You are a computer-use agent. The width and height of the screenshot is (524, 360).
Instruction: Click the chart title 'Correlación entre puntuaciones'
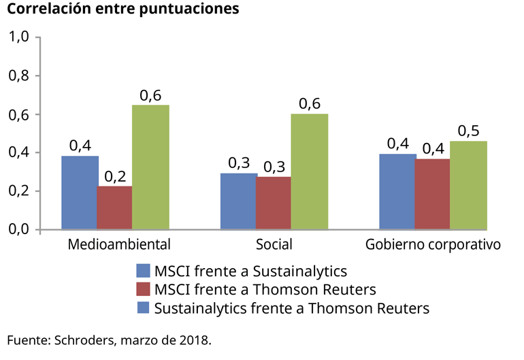(x=123, y=10)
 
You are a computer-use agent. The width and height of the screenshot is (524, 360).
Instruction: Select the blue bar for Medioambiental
(x=80, y=193)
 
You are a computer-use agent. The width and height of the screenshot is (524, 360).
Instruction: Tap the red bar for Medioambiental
(x=114, y=208)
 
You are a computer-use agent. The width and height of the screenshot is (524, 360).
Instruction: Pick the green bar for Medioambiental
(x=150, y=167)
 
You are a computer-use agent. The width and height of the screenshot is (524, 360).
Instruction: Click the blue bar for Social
(x=238, y=201)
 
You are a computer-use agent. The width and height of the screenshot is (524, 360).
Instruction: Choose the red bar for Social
(x=274, y=203)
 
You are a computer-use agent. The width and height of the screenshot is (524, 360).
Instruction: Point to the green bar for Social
(x=310, y=171)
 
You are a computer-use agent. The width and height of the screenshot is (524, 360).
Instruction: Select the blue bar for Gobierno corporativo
(x=397, y=192)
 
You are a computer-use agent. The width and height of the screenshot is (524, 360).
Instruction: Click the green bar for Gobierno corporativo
(x=468, y=185)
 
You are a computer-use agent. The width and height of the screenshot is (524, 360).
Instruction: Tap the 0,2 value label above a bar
(x=115, y=176)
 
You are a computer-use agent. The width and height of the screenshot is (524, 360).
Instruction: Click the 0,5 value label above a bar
(x=468, y=131)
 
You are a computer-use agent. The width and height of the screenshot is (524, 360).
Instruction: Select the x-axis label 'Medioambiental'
(x=118, y=244)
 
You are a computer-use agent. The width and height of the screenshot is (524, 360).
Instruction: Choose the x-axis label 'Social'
(x=274, y=244)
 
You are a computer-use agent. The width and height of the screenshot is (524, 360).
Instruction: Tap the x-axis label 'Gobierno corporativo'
(x=433, y=244)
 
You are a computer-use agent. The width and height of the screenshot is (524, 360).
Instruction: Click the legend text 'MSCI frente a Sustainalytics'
(x=251, y=270)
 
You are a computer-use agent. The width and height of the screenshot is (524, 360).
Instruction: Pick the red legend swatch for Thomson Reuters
(x=144, y=289)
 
